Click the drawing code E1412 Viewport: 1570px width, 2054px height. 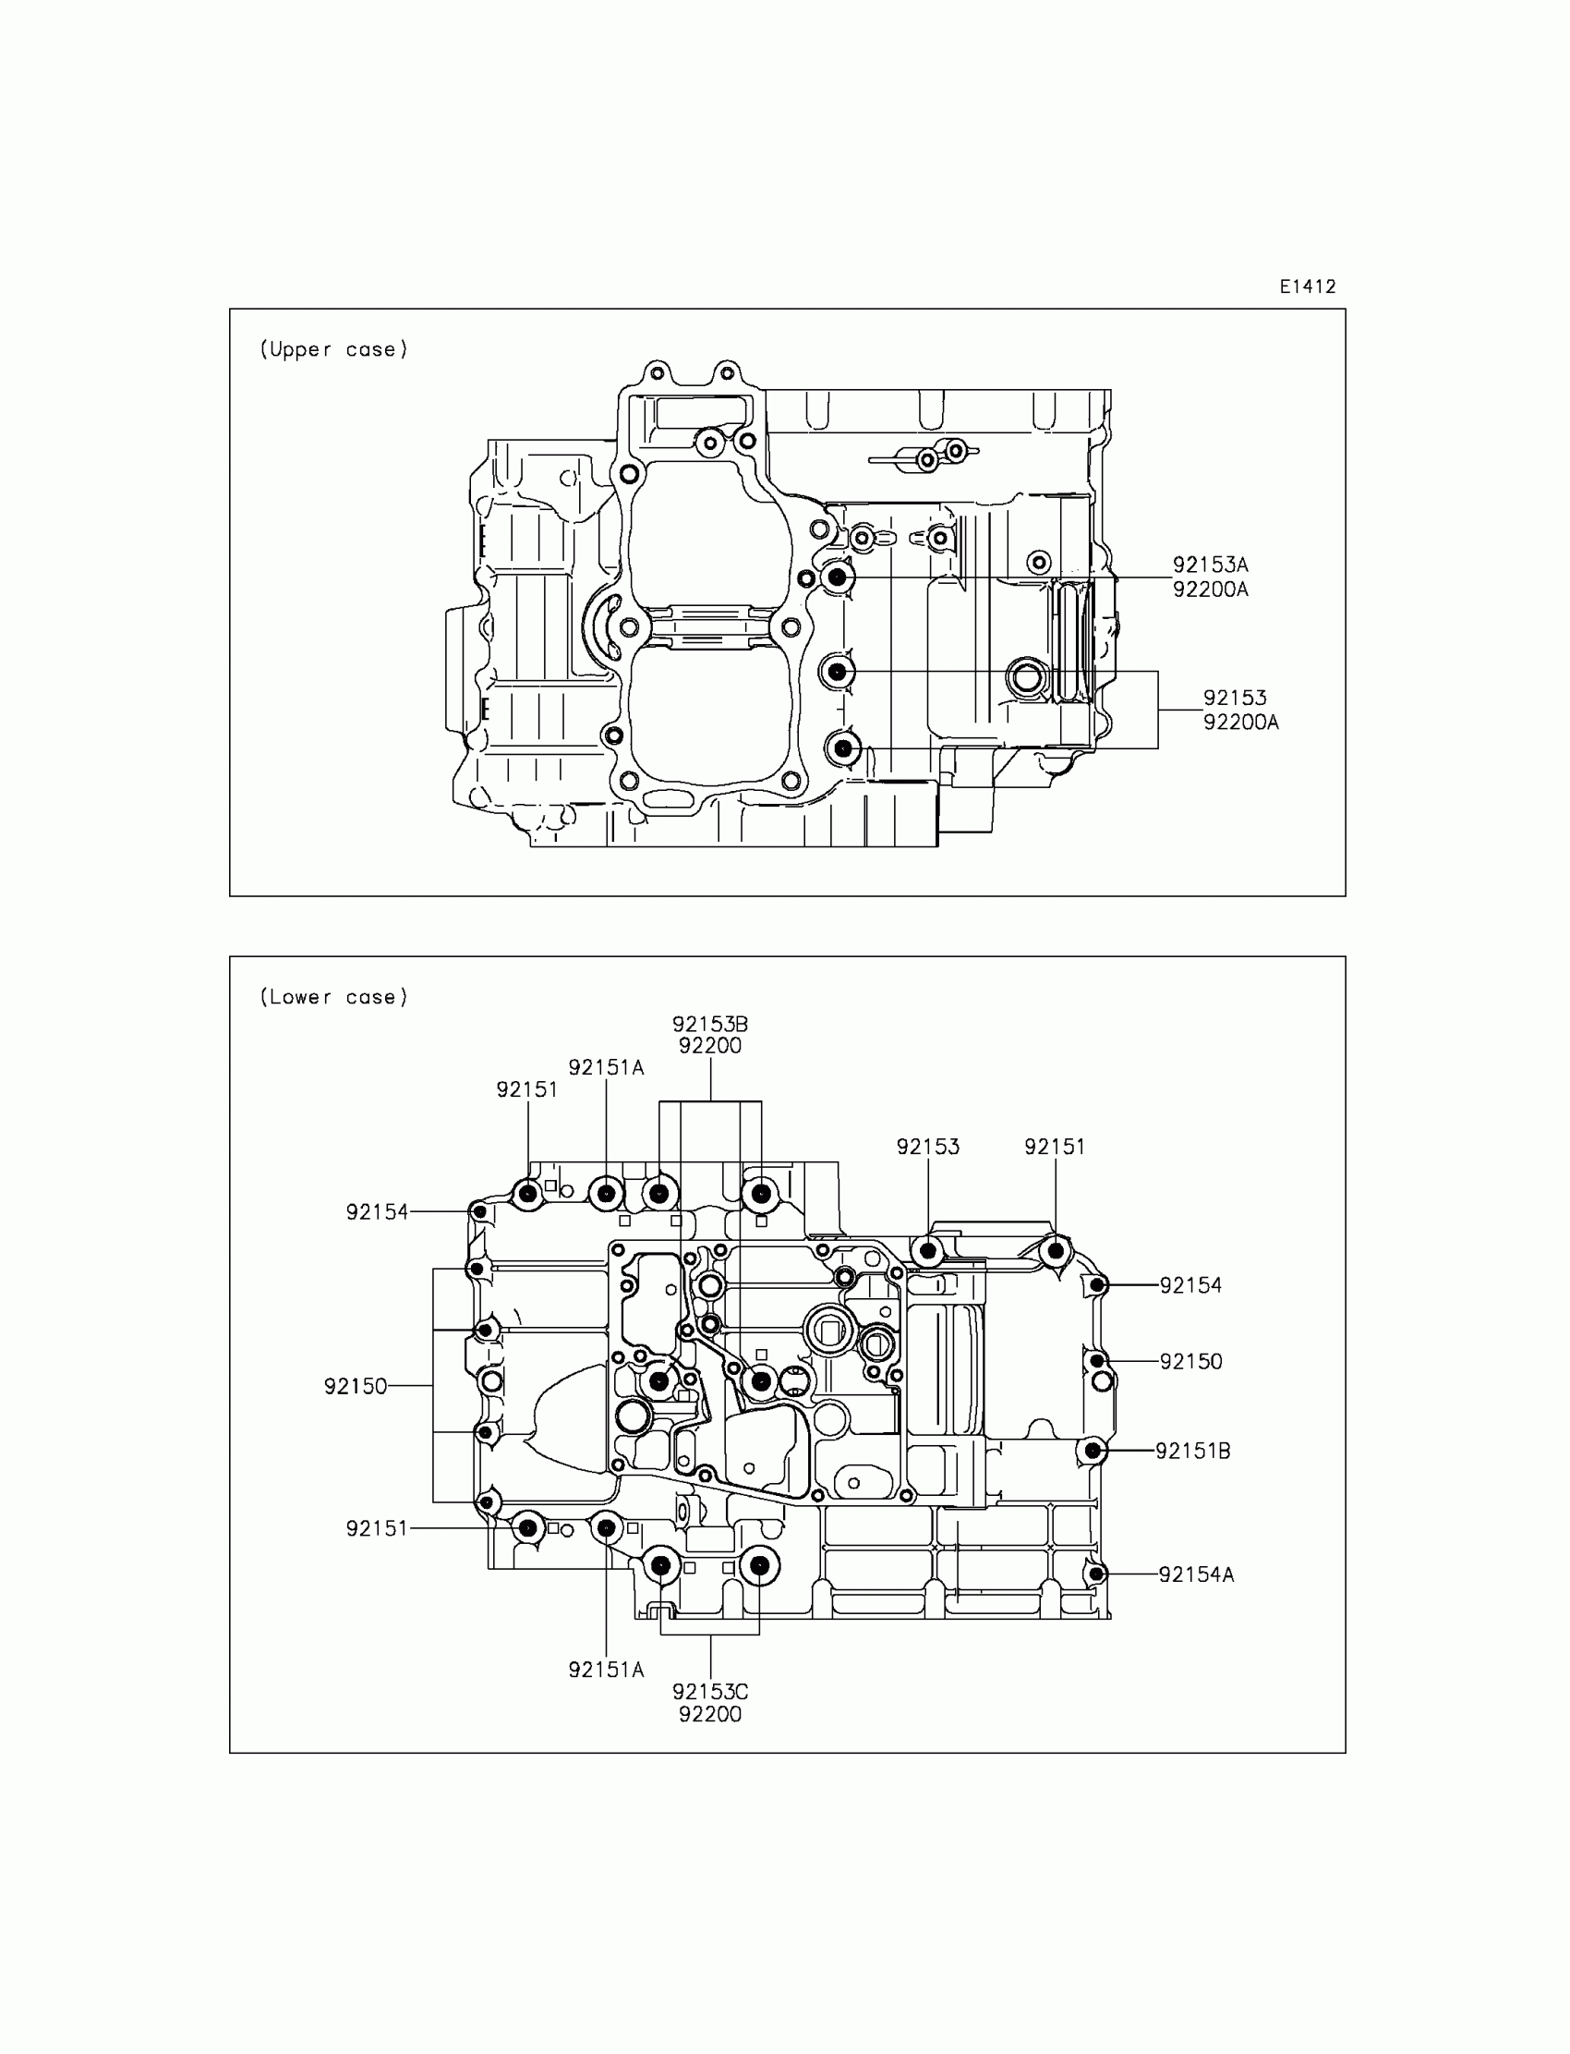[x=1308, y=287]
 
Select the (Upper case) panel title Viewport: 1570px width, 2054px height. [x=333, y=349]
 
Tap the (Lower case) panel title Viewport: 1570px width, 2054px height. [x=333, y=998]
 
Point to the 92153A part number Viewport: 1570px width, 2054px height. [x=1210, y=565]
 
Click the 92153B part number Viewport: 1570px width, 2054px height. [x=710, y=1024]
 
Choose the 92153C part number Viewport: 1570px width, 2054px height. [x=710, y=1691]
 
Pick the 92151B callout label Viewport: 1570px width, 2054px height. [x=1192, y=1451]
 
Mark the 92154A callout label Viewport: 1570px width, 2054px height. [x=1196, y=1574]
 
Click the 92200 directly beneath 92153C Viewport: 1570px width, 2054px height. [x=710, y=1715]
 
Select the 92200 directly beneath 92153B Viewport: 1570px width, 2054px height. [x=710, y=1046]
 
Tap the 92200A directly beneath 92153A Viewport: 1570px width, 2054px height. [x=1210, y=589]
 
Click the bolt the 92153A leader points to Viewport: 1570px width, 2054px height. [x=837, y=577]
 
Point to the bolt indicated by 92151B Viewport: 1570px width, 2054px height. [x=1092, y=1451]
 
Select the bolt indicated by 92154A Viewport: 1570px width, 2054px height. [x=1097, y=1574]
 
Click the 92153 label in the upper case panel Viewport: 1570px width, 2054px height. [x=1235, y=698]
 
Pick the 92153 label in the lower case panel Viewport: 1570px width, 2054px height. [x=928, y=1147]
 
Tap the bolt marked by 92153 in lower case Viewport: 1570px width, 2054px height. [x=928, y=1250]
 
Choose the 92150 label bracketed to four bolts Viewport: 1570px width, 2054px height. [x=356, y=1387]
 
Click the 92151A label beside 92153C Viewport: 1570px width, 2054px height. [x=607, y=1669]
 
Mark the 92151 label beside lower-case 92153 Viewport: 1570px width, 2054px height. [x=1055, y=1147]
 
